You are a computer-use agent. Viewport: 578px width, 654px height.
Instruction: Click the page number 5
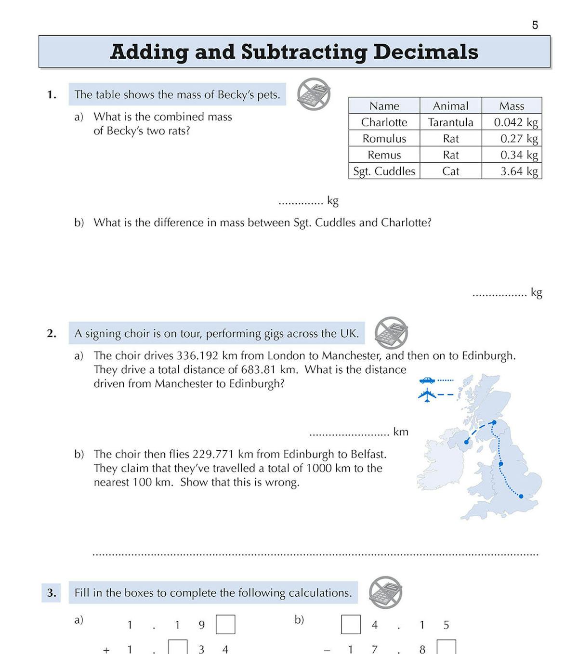pyautogui.click(x=535, y=25)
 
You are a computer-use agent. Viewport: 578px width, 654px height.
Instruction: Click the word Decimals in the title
pyautogui.click(x=426, y=52)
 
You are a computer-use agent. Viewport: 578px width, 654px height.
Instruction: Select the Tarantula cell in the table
pyautogui.click(x=450, y=122)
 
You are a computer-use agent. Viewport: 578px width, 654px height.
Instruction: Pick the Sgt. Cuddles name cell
pyautogui.click(x=384, y=171)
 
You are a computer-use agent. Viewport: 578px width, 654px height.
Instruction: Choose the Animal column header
pyautogui.click(x=450, y=106)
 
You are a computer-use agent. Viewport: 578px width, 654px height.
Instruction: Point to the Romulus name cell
pyautogui.click(x=384, y=139)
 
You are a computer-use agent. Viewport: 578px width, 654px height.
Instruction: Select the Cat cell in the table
pyautogui.click(x=450, y=171)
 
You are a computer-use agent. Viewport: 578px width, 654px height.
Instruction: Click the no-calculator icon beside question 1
pyautogui.click(x=314, y=94)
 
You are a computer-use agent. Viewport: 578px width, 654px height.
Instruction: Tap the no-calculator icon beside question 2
pyautogui.click(x=391, y=333)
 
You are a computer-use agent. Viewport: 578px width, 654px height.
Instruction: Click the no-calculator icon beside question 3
pyautogui.click(x=385, y=592)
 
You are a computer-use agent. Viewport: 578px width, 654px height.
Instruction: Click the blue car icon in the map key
pyautogui.click(x=427, y=380)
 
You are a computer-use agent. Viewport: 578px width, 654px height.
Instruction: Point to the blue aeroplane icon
pyautogui.click(x=427, y=395)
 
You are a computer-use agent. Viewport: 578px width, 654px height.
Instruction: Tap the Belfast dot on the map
pyautogui.click(x=466, y=442)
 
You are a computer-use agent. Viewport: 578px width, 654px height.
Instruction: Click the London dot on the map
pyautogui.click(x=521, y=496)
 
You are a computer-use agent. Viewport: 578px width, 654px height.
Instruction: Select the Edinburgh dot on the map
pyautogui.click(x=494, y=423)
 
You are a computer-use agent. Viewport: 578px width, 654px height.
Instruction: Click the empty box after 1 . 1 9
pyautogui.click(x=225, y=625)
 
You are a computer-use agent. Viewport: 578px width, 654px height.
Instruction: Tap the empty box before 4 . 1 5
pyautogui.click(x=351, y=625)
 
